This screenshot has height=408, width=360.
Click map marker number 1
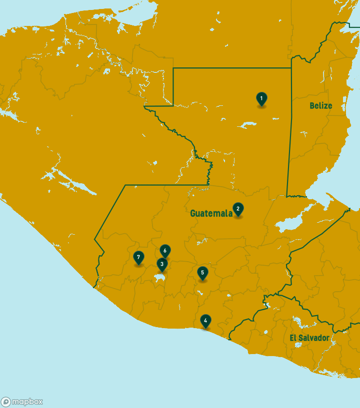(261, 98)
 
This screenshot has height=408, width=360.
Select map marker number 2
(238, 209)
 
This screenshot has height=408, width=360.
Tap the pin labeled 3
(161, 264)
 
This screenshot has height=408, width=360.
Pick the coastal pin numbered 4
(205, 321)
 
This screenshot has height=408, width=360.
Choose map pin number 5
(202, 273)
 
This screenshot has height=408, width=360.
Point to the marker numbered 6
(165, 251)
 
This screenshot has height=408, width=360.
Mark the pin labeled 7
(138, 258)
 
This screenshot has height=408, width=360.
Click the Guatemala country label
(211, 213)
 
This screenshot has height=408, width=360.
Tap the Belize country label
(320, 105)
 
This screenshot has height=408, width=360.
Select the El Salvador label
(309, 338)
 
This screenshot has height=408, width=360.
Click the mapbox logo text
(27, 402)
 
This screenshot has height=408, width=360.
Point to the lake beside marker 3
(159, 277)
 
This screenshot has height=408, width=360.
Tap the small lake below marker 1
(248, 125)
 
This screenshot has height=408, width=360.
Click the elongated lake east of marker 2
(293, 223)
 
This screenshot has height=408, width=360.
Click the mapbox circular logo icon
(6, 402)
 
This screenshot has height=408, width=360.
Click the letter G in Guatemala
(193, 213)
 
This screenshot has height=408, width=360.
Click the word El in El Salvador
(293, 338)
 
